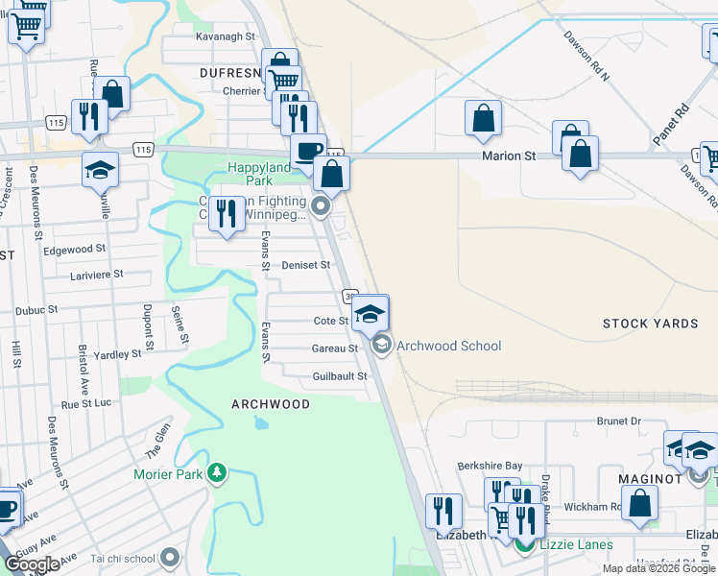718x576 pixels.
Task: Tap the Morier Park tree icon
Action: pyautogui.click(x=218, y=473)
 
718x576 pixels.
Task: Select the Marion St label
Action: pyautogui.click(x=508, y=156)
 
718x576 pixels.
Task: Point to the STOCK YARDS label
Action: pyautogui.click(x=650, y=324)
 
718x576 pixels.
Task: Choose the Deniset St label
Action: pyautogui.click(x=306, y=265)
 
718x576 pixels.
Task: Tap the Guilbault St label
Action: pyautogui.click(x=340, y=377)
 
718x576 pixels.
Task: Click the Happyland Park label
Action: pyautogui.click(x=258, y=175)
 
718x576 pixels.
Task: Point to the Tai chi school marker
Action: pyautogui.click(x=171, y=557)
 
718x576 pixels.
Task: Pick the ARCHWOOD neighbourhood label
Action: pyautogui.click(x=271, y=404)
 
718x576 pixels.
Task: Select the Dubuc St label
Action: pyautogui.click(x=39, y=311)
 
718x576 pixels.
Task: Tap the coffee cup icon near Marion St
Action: pyautogui.click(x=308, y=151)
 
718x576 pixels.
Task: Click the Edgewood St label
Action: pyautogui.click(x=75, y=249)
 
